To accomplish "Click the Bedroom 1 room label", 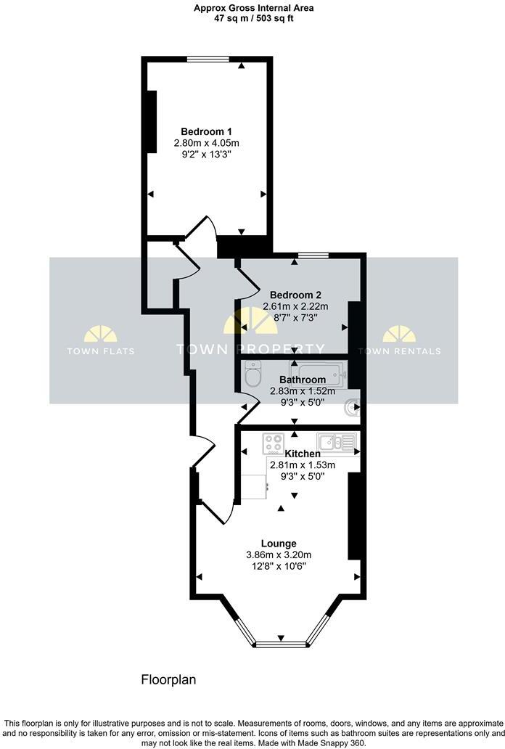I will [x=206, y=131].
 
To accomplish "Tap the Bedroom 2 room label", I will [x=295, y=295].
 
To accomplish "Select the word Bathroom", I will [x=302, y=380].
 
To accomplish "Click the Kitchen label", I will [x=302, y=454].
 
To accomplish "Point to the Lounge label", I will [x=279, y=543].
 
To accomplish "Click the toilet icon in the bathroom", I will [x=252, y=374].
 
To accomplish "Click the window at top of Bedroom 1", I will [x=208, y=59].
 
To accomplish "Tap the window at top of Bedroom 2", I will [x=311, y=255].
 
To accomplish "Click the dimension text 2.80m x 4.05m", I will [x=206, y=143].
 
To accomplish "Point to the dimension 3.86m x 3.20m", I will [x=279, y=554].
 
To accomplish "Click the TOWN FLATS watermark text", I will [x=100, y=351].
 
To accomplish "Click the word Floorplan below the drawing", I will [x=168, y=680].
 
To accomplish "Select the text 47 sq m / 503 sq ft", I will [x=244, y=18].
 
